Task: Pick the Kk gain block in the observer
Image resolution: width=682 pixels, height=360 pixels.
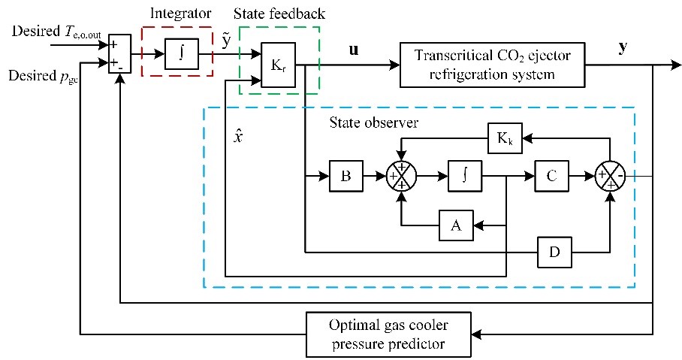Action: pos(505,139)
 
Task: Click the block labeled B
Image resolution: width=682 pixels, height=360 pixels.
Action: pos(346,178)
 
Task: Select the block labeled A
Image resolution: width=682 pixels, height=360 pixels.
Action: pos(456,224)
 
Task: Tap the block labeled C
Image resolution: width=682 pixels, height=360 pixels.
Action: pos(552,178)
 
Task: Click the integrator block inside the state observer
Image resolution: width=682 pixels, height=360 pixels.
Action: pos(464,178)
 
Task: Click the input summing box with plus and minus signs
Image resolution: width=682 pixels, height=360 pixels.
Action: pos(119,54)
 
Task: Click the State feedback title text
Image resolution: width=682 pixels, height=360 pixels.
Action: pos(279,14)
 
